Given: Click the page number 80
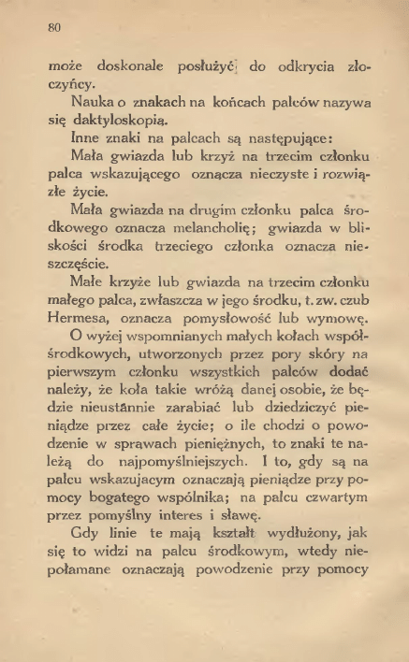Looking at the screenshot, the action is coord(53,28).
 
